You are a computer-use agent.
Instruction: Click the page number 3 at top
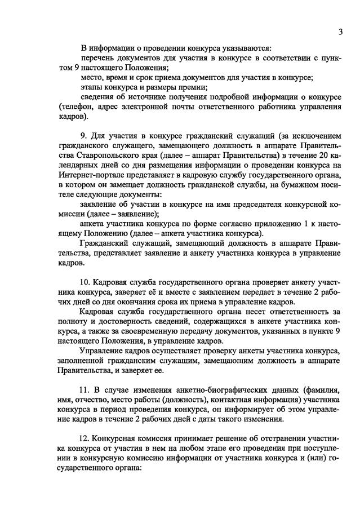[x=341, y=32]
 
